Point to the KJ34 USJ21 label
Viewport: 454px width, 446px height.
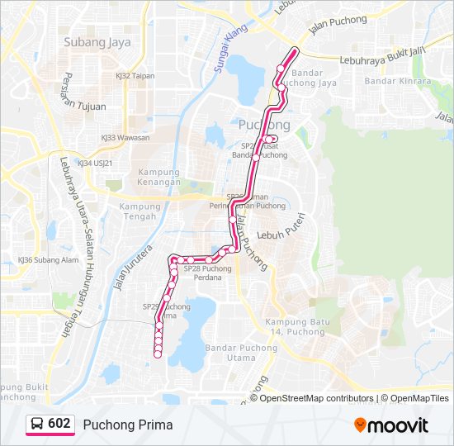(95, 163)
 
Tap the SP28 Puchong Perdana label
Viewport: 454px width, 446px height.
(207, 273)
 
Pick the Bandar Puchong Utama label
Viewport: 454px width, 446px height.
(242, 353)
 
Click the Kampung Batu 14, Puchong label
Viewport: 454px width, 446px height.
(295, 326)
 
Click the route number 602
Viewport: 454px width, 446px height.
(59, 424)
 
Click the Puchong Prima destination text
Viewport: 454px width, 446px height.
(128, 425)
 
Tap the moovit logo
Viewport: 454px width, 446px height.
(391, 425)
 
